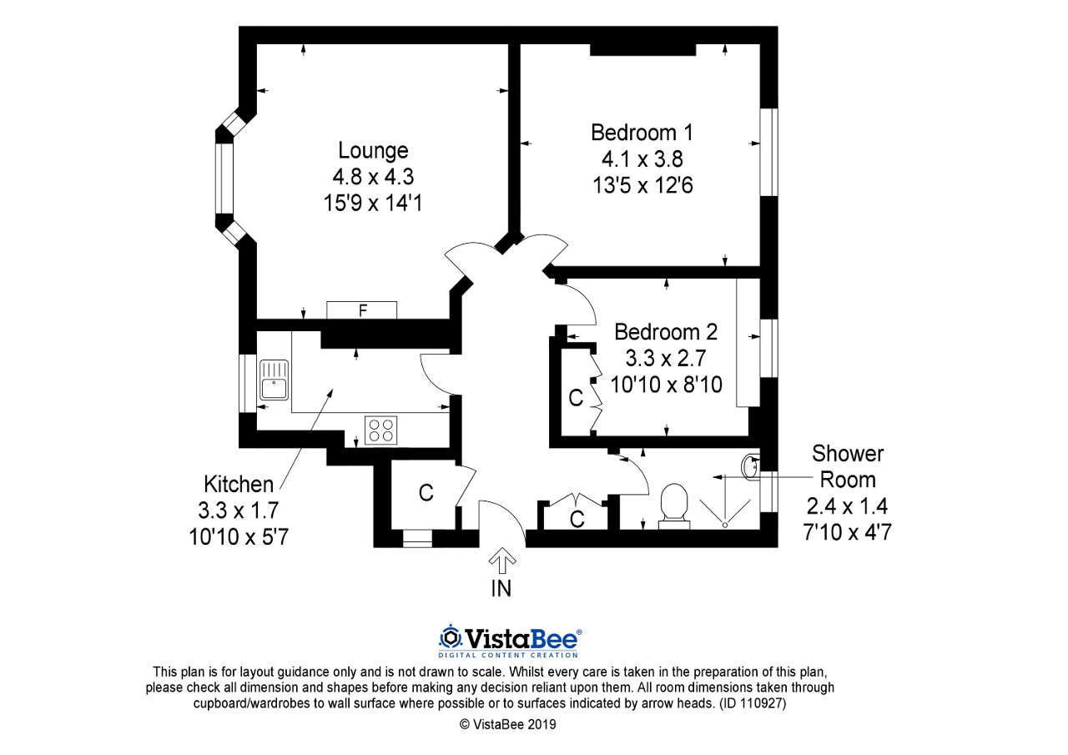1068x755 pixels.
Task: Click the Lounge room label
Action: pyautogui.click(x=373, y=150)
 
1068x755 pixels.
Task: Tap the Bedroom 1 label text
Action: pyautogui.click(x=642, y=133)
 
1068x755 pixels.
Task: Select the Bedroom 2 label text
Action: pyautogui.click(x=665, y=331)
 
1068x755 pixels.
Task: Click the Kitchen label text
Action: pyautogui.click(x=238, y=484)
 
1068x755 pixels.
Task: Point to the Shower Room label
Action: pyautogui.click(x=848, y=466)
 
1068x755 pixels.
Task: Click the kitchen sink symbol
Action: pyautogui.click(x=274, y=379)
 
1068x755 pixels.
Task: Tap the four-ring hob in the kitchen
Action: pyautogui.click(x=382, y=430)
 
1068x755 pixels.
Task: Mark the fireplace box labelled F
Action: pyautogui.click(x=362, y=310)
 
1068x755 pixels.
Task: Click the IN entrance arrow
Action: pyautogui.click(x=501, y=560)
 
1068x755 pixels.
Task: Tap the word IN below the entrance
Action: pyautogui.click(x=501, y=589)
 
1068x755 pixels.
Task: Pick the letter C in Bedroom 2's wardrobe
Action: pyautogui.click(x=575, y=398)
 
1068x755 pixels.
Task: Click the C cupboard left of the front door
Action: pyautogui.click(x=426, y=493)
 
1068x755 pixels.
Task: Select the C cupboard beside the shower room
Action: pyautogui.click(x=576, y=519)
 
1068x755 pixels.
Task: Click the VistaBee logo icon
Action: pyautogui.click(x=451, y=638)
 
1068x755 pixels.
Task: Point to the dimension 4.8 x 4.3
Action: pyautogui.click(x=373, y=177)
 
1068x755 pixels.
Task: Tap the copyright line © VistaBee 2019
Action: pyautogui.click(x=507, y=724)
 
